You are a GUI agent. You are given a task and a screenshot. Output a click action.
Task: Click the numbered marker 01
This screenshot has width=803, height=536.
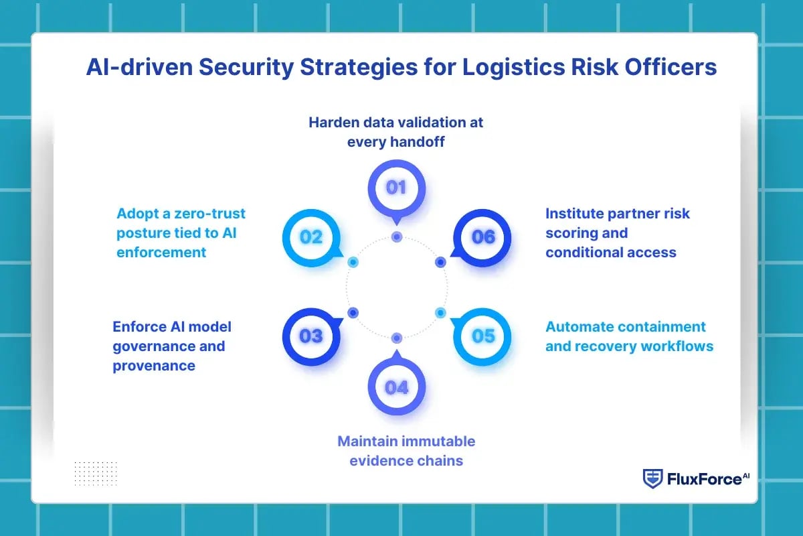pyautogui.click(x=396, y=188)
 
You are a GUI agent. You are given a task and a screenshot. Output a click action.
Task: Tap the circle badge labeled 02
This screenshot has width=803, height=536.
pyautogui.click(x=311, y=237)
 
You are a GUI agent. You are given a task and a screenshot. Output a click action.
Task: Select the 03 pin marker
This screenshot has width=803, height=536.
pyautogui.click(x=311, y=336)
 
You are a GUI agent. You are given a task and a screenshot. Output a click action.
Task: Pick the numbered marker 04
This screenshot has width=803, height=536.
pyautogui.click(x=396, y=387)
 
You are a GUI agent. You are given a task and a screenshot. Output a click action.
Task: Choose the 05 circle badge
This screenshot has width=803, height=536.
pyautogui.click(x=482, y=336)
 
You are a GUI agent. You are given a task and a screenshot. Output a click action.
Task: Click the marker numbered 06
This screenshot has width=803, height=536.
pyautogui.click(x=482, y=237)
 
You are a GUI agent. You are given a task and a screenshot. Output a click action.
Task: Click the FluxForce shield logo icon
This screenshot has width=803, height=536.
pyautogui.click(x=652, y=478)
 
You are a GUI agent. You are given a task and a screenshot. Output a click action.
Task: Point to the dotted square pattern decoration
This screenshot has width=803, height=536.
pyautogui.click(x=95, y=473)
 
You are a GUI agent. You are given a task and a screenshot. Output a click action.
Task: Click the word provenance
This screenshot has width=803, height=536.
pyautogui.click(x=154, y=365)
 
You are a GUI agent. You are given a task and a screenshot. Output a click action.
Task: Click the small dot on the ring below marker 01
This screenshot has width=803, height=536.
pyautogui.click(x=397, y=237)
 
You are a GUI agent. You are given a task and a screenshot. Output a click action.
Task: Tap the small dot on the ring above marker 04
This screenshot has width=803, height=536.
pyautogui.click(x=397, y=338)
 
